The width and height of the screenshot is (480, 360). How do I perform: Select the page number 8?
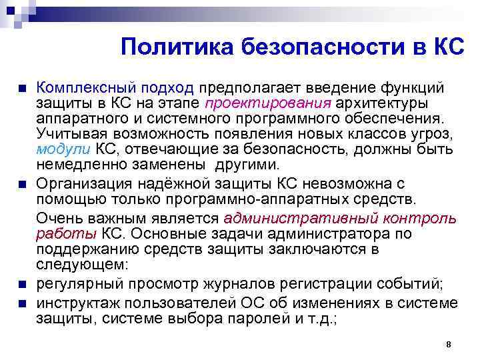449,344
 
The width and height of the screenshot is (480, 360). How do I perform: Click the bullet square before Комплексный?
22,89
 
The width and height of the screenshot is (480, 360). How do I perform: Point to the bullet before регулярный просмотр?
22,285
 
